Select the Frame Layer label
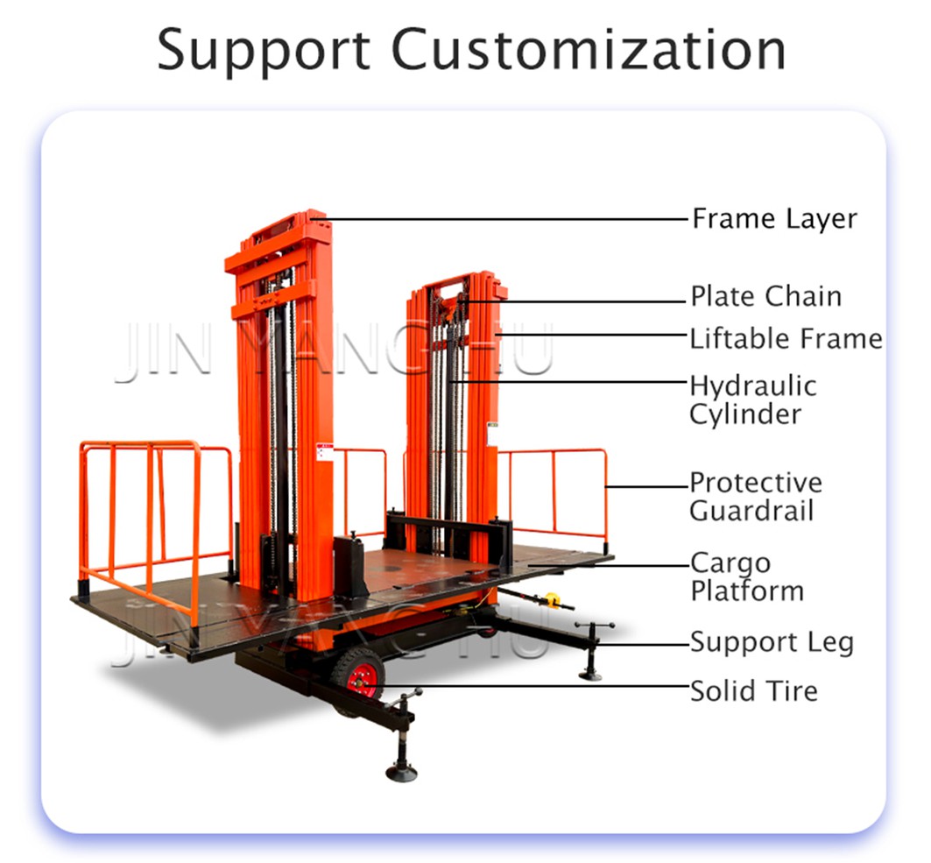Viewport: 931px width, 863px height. (x=773, y=218)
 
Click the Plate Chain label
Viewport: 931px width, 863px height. (x=765, y=296)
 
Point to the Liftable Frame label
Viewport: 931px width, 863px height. (x=786, y=338)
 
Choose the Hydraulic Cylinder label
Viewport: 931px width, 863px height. (x=752, y=400)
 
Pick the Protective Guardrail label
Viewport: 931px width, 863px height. (x=755, y=496)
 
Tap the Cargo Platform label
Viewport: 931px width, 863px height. (x=746, y=577)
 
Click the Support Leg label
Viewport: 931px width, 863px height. (x=771, y=642)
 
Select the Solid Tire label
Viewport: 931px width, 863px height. (x=753, y=690)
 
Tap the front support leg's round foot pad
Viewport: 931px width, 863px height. (x=402, y=772)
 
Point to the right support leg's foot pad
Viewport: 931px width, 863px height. (x=590, y=674)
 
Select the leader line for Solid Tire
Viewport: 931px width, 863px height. (x=534, y=685)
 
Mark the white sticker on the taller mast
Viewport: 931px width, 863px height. (x=324, y=451)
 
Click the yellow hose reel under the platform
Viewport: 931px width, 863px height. (x=552, y=599)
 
